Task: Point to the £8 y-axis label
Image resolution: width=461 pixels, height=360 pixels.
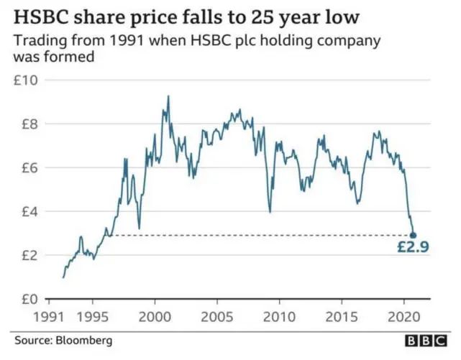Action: [26, 124]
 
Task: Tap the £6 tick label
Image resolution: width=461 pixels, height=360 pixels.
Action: [26, 167]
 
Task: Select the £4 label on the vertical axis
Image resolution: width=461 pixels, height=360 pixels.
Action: [26, 211]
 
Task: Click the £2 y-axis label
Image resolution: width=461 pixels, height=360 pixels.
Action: [26, 255]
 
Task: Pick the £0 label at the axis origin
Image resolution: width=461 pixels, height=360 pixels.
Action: [26, 299]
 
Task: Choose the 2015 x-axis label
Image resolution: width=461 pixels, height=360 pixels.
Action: [342, 316]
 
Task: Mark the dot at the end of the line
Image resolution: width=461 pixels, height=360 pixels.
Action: [413, 235]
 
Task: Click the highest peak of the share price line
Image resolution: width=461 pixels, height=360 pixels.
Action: [168, 96]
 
